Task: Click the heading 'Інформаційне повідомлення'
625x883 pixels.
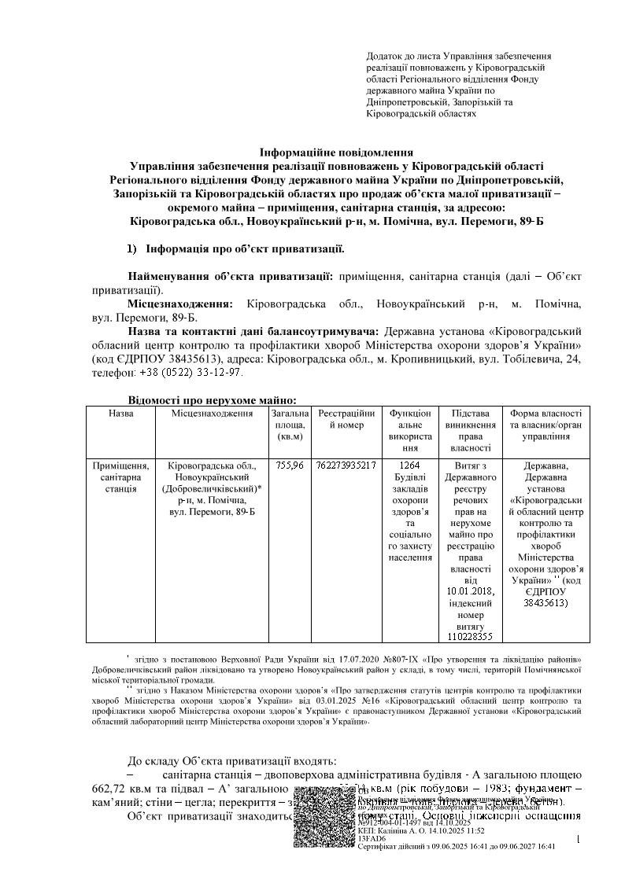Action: (336, 152)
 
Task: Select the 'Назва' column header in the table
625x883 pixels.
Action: (121, 414)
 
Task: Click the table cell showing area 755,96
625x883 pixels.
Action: (290, 465)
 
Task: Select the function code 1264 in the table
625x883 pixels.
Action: (411, 465)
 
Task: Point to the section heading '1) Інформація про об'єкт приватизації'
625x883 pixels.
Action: (236, 249)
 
